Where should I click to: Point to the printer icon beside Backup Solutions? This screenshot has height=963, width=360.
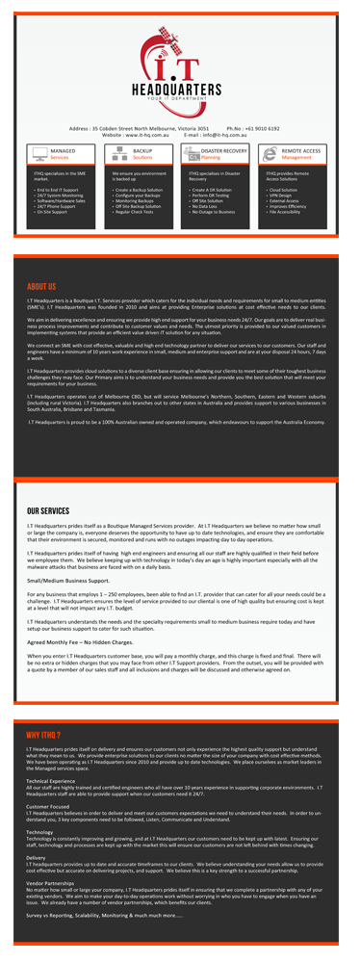(x=118, y=154)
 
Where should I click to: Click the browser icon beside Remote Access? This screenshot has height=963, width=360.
(x=270, y=154)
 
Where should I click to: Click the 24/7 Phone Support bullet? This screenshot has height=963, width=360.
(x=61, y=206)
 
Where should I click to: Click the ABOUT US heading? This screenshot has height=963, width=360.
(x=41, y=287)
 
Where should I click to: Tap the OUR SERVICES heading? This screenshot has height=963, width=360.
(x=48, y=511)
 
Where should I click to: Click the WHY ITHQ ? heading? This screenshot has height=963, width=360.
(x=45, y=735)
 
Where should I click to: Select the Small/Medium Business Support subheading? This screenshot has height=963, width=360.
(x=67, y=582)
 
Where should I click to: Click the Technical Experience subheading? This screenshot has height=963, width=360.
(x=52, y=780)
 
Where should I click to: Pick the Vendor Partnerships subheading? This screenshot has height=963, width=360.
(x=53, y=881)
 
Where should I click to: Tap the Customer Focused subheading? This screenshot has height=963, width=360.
(x=48, y=805)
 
